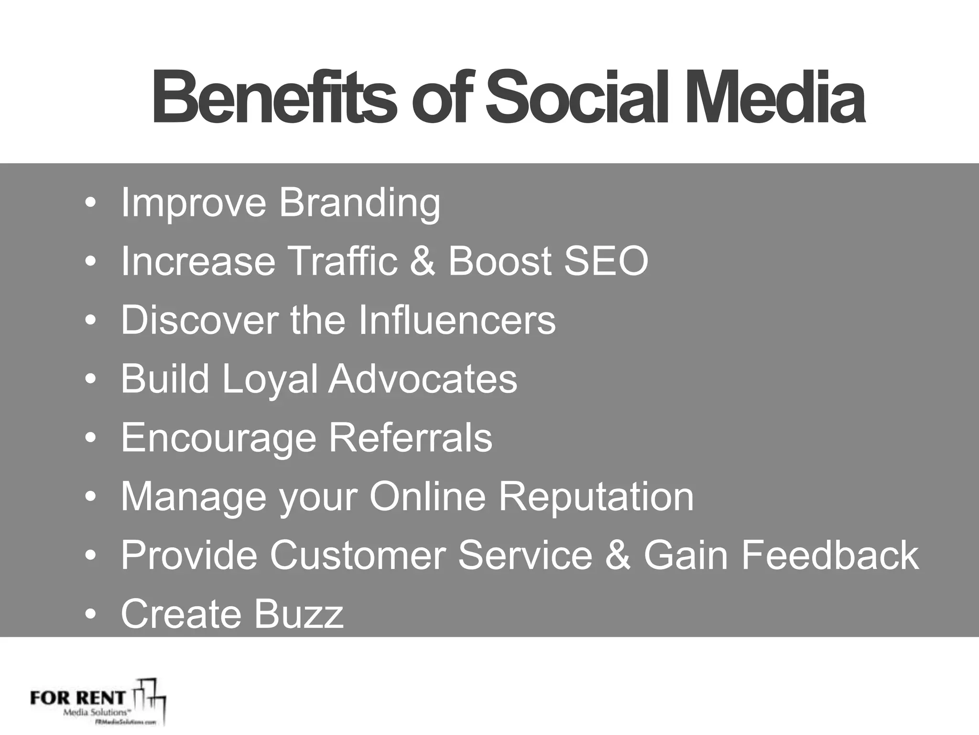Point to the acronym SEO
(x=606, y=261)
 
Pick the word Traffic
(x=342, y=261)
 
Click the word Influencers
(x=457, y=320)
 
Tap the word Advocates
(x=422, y=379)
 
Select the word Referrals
(x=411, y=437)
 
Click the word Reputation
(x=596, y=496)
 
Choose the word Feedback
(x=829, y=555)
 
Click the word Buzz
(x=299, y=613)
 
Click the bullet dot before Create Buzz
(x=90, y=614)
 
